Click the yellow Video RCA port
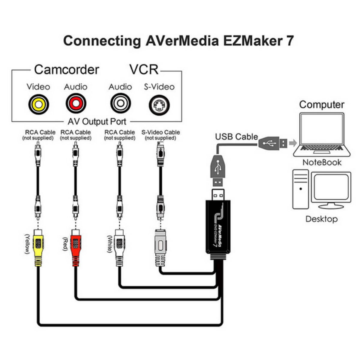pos(39,104)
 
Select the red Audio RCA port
pos(76,103)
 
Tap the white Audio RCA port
pos(120,103)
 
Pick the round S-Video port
pos(159,105)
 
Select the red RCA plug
pos(76,246)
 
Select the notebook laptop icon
pos(322,135)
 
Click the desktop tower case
pos(300,189)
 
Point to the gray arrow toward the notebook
pos(293,143)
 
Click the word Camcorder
pos(66,70)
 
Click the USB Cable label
pos(236,137)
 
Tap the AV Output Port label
pos(97,122)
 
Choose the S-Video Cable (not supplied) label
pos(160,135)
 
